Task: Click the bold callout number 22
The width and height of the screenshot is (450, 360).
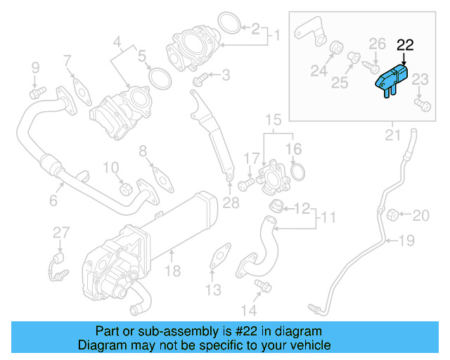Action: (405, 46)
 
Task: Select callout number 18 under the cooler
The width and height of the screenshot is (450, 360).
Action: (172, 271)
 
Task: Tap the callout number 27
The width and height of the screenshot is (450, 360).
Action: (61, 233)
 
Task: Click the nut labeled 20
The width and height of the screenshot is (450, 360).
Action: (394, 214)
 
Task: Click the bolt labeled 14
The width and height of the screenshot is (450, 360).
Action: (264, 285)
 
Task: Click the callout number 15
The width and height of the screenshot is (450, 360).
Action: (272, 120)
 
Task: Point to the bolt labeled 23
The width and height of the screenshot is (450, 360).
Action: (422, 104)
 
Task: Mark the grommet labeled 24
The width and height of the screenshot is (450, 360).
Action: (337, 49)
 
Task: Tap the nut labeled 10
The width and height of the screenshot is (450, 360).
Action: (127, 188)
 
